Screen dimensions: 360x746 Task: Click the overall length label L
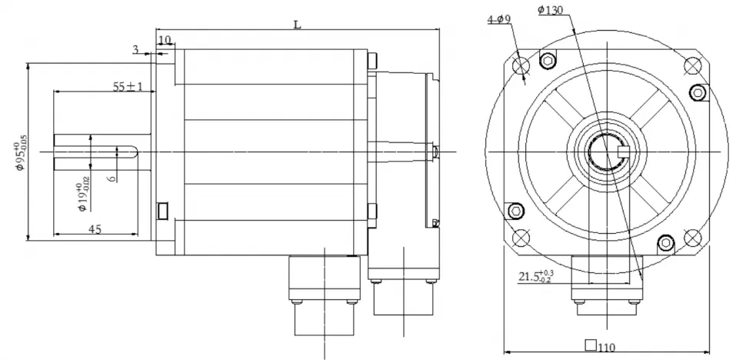point(297,24)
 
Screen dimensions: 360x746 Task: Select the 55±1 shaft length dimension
point(128,87)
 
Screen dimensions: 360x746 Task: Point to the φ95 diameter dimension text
point(18,152)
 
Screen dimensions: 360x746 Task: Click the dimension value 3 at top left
point(136,51)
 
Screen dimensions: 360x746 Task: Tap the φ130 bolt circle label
point(549,10)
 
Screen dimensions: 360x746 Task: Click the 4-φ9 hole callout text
point(500,19)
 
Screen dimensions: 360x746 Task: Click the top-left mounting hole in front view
point(518,64)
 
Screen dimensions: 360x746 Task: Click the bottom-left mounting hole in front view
point(518,236)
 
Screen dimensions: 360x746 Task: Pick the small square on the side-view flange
point(162,210)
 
